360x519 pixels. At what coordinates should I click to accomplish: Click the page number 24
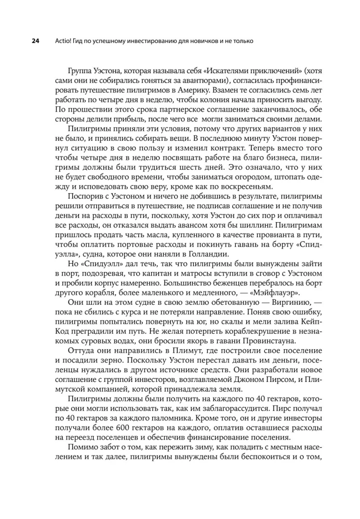tap(22, 40)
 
